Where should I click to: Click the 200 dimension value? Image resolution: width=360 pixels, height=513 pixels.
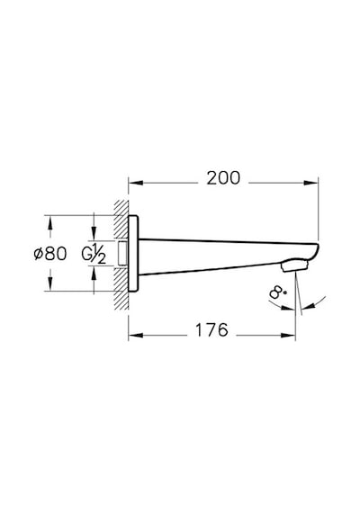(x=223, y=178)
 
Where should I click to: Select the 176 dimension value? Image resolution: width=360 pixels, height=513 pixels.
(x=211, y=329)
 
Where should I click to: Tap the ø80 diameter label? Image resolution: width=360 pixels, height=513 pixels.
(x=50, y=253)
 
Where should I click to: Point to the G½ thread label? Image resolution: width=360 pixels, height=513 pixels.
(x=94, y=253)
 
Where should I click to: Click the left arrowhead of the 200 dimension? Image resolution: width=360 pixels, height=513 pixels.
(x=136, y=183)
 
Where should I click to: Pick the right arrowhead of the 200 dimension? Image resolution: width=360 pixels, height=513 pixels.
(x=310, y=183)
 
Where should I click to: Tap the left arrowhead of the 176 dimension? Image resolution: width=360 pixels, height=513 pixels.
(x=136, y=336)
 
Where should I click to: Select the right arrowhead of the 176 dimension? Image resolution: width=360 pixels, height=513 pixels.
(x=288, y=336)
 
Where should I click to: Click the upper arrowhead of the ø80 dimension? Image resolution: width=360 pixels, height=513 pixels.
(x=49, y=223)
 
